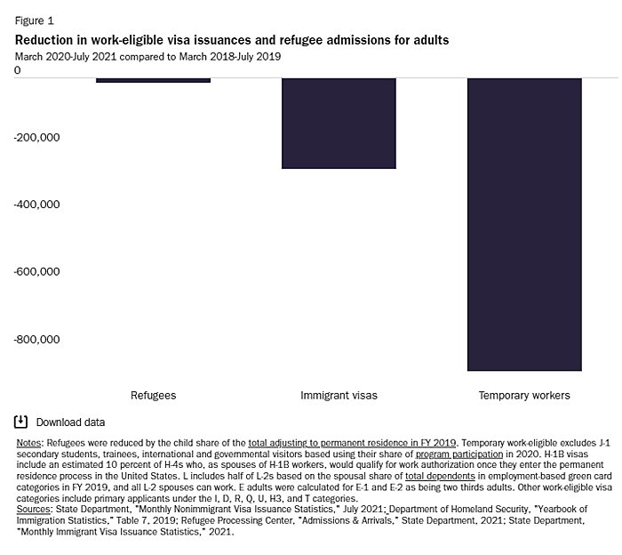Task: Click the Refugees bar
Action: click(x=153, y=80)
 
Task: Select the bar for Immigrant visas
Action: click(x=339, y=123)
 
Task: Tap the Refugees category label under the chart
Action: click(x=153, y=395)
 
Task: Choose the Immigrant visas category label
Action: click(x=339, y=395)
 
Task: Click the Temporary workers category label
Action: click(x=524, y=395)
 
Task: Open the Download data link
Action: click(x=70, y=422)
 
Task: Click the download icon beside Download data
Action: click(x=21, y=422)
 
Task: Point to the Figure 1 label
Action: click(x=34, y=19)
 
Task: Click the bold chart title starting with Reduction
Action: click(x=231, y=40)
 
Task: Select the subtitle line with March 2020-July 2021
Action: click(x=148, y=56)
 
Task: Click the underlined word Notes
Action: click(x=28, y=442)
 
